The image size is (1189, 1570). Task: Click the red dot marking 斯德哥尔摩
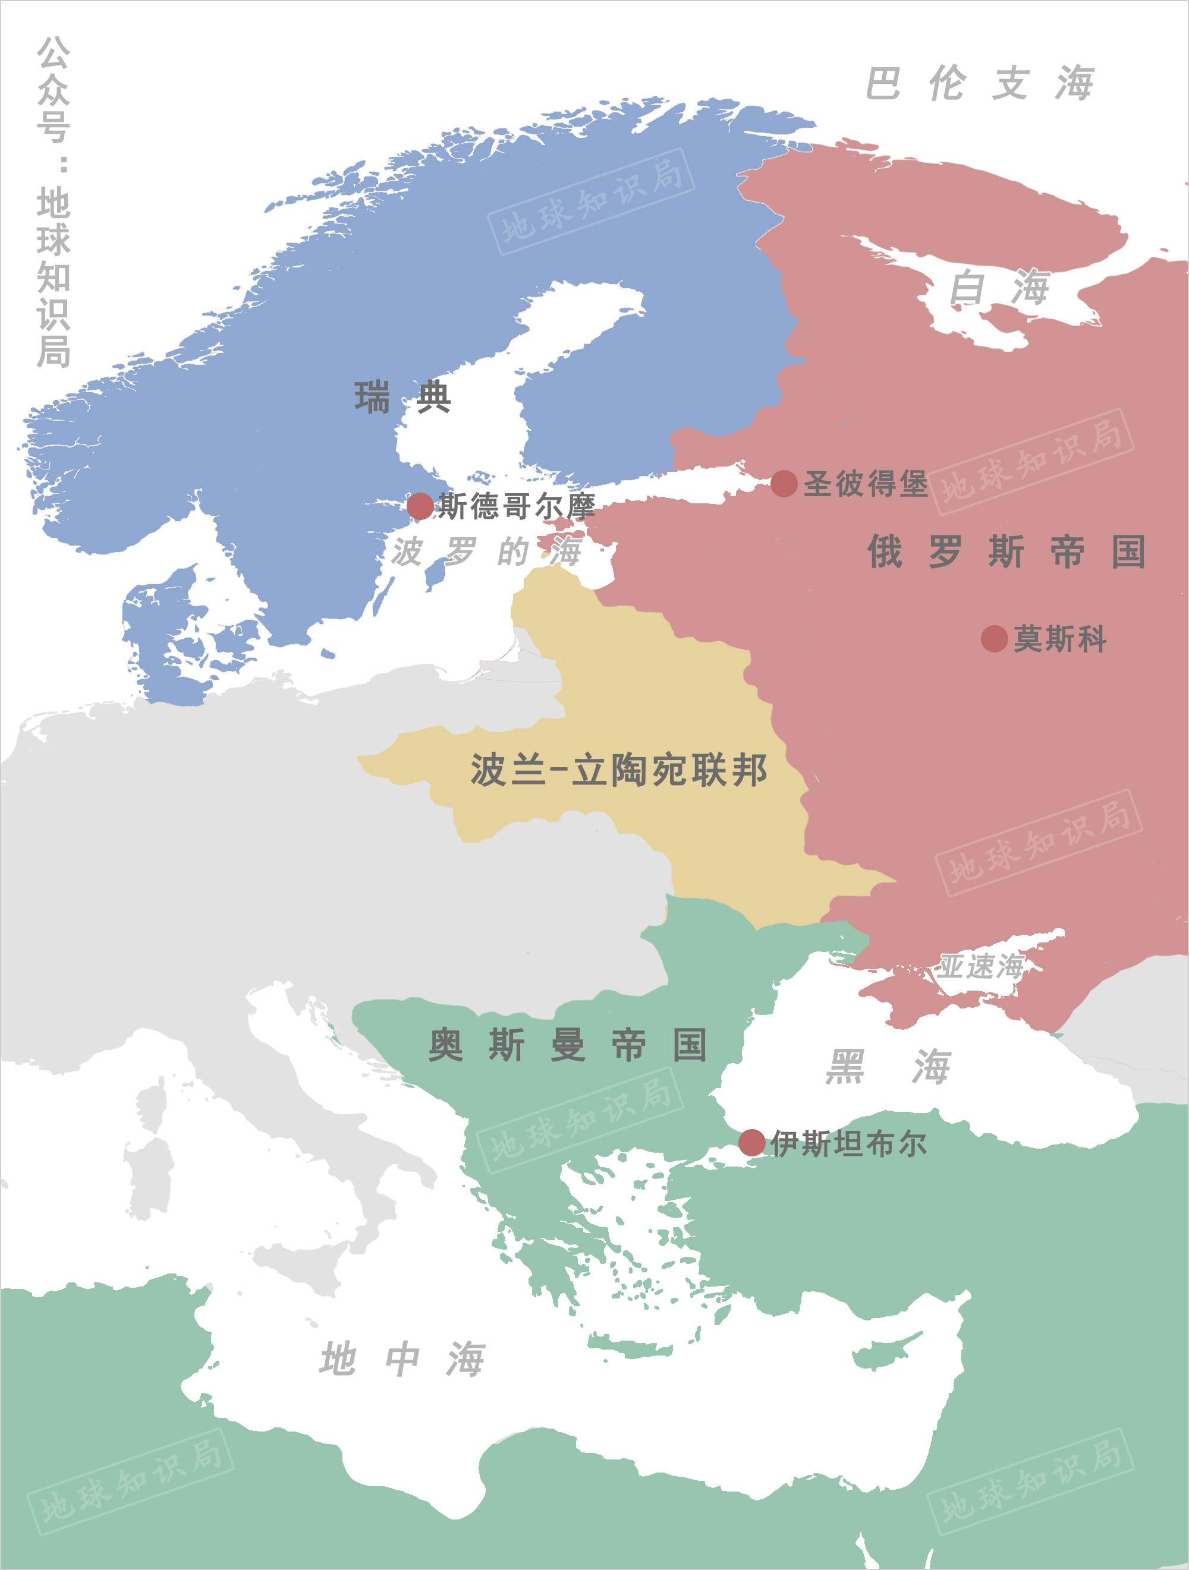click(420, 506)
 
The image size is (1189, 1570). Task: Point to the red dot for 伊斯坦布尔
click(751, 1143)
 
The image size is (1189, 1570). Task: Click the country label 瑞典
click(402, 397)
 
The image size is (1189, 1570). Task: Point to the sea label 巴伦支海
click(980, 84)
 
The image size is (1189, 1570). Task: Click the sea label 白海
click(999, 288)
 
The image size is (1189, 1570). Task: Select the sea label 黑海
click(888, 1067)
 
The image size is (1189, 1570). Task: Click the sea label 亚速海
click(982, 966)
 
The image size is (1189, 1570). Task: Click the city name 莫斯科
click(1060, 639)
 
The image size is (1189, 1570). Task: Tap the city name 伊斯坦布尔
click(849, 1143)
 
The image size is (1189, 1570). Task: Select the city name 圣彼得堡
click(865, 484)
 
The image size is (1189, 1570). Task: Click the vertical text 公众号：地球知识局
click(54, 202)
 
